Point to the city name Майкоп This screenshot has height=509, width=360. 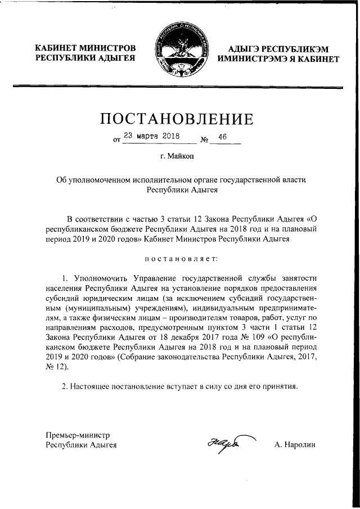click(x=184, y=157)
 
